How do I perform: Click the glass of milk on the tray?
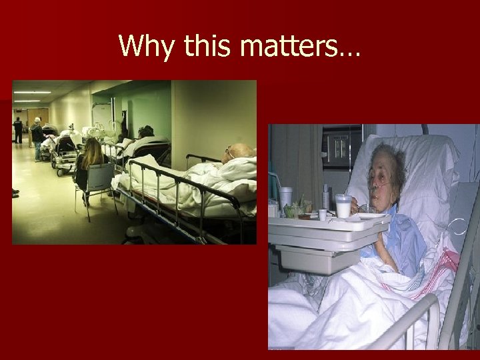pyautogui.click(x=344, y=206)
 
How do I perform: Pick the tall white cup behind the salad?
pyautogui.click(x=286, y=198)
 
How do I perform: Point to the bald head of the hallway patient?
pyautogui.click(x=240, y=153)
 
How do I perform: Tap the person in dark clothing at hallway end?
pyautogui.click(x=19, y=130)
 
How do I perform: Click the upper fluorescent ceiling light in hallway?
pyautogui.click(x=32, y=92)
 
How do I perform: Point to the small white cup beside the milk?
pyautogui.click(x=323, y=215)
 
